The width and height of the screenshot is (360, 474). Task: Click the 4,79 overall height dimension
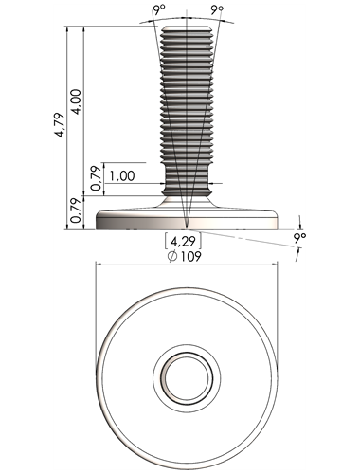pos(59,125)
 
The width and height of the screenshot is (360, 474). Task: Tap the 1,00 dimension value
pos(122,175)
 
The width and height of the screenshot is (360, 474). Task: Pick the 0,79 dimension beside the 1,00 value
pos(97,178)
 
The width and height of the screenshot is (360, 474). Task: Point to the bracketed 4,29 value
pos(183,242)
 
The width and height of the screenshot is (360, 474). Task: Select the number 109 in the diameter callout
pos(190,256)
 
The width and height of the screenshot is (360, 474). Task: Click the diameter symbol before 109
pos(172,256)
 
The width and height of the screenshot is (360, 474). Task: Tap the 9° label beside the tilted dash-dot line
pos(299,237)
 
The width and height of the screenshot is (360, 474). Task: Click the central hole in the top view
pos(187,377)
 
